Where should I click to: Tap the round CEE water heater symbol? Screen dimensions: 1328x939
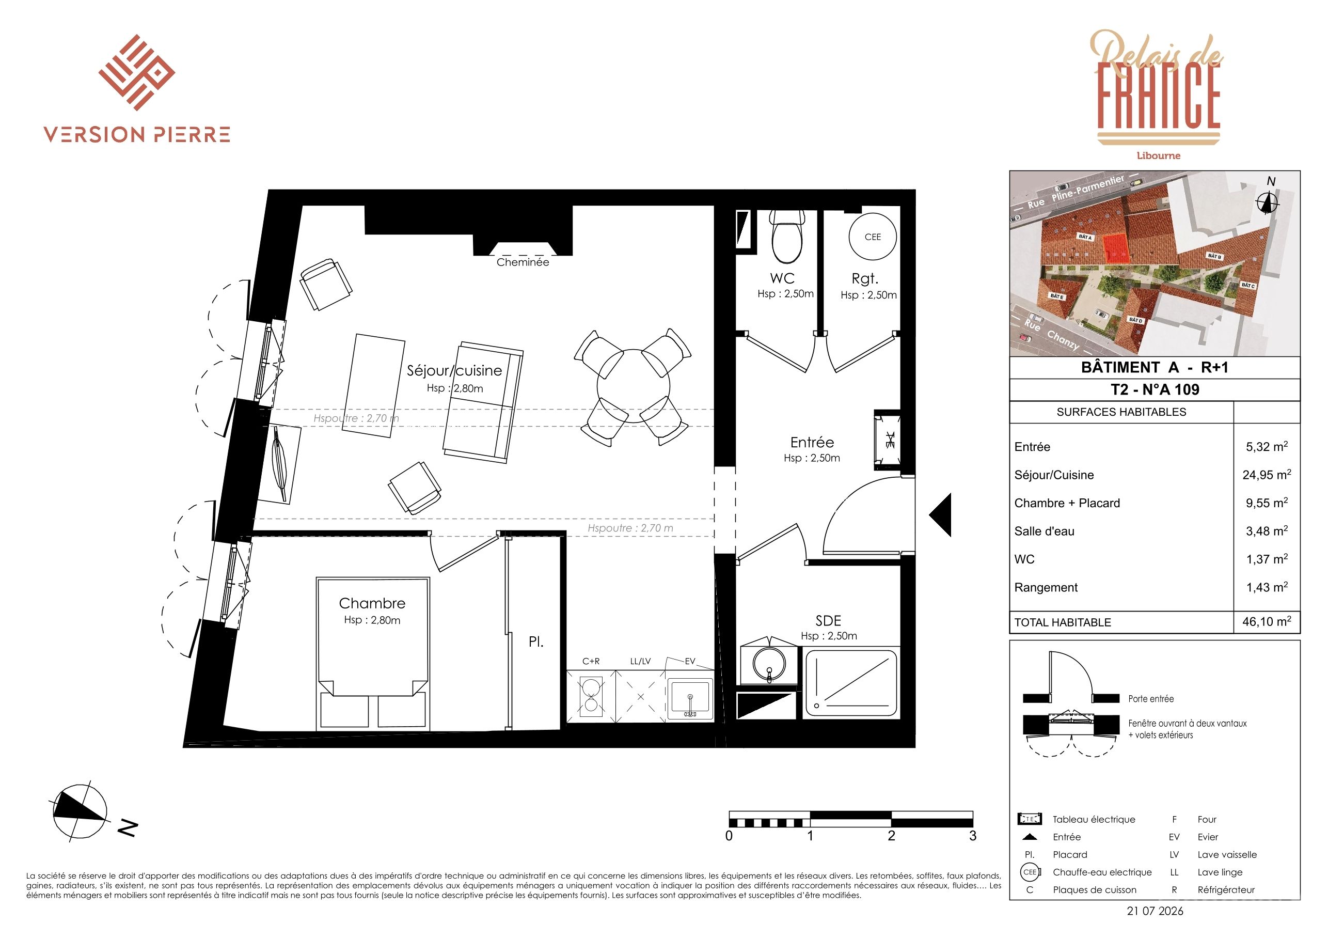tap(872, 237)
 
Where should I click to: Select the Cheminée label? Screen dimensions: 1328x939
tap(523, 262)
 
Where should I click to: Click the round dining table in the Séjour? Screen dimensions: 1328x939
tap(634, 385)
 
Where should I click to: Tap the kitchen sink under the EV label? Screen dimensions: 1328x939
tap(689, 698)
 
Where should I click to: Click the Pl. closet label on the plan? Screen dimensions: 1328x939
tap(535, 641)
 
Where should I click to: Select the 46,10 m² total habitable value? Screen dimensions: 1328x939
tap(1267, 621)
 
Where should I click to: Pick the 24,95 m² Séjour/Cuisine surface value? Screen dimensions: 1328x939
tap(1267, 475)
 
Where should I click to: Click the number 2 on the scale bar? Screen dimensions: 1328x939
tap(891, 835)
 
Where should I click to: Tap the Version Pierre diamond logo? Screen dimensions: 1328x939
tap(136, 72)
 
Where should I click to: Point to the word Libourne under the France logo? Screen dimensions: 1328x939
tap(1159, 155)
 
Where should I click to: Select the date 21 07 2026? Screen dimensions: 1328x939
tap(1155, 911)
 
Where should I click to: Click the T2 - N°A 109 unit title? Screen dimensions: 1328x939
tap(1155, 389)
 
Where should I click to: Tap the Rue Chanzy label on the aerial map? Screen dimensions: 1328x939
tap(1051, 335)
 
